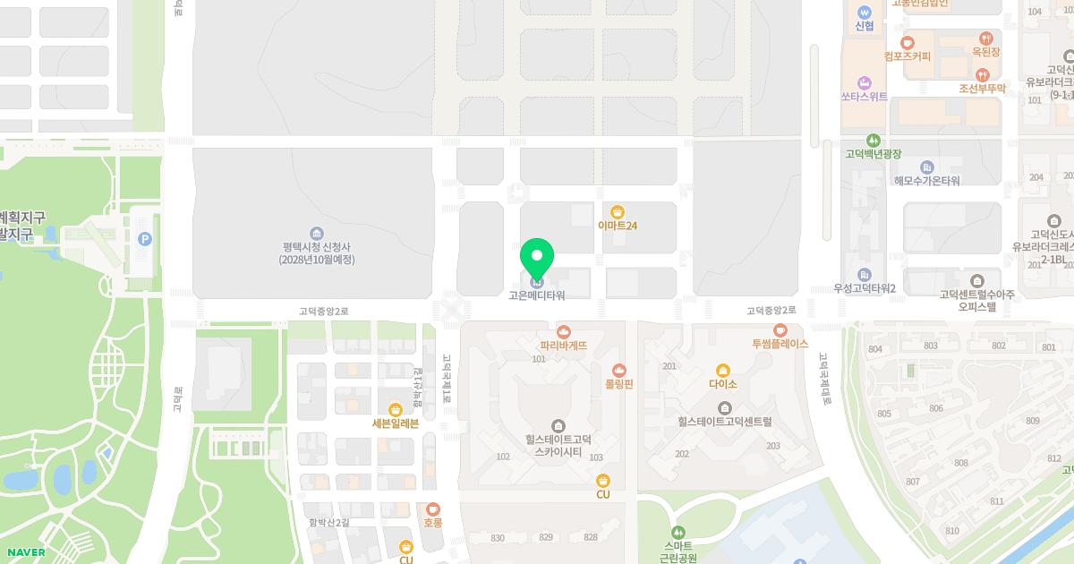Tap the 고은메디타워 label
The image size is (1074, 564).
537,295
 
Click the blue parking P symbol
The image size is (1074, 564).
145,239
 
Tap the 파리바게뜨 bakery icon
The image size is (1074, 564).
564,332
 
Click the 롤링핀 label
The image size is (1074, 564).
618,383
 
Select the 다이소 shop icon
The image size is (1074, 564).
723,371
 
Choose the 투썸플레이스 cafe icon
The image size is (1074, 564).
780,330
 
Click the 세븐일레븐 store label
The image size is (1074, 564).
396,423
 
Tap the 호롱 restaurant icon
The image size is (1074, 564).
433,508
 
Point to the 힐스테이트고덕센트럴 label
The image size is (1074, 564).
724,421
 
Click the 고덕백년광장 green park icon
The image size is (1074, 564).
874,141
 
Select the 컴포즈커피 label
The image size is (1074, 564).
907,56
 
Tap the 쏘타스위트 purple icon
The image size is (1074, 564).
864,82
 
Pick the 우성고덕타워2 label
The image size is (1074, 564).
865,288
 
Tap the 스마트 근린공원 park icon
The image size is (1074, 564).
678,532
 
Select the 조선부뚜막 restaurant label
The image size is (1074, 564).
982,89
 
